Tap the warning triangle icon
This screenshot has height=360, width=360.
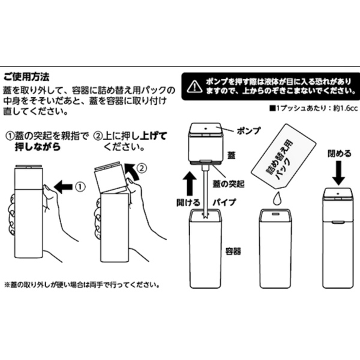tap(195, 87)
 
